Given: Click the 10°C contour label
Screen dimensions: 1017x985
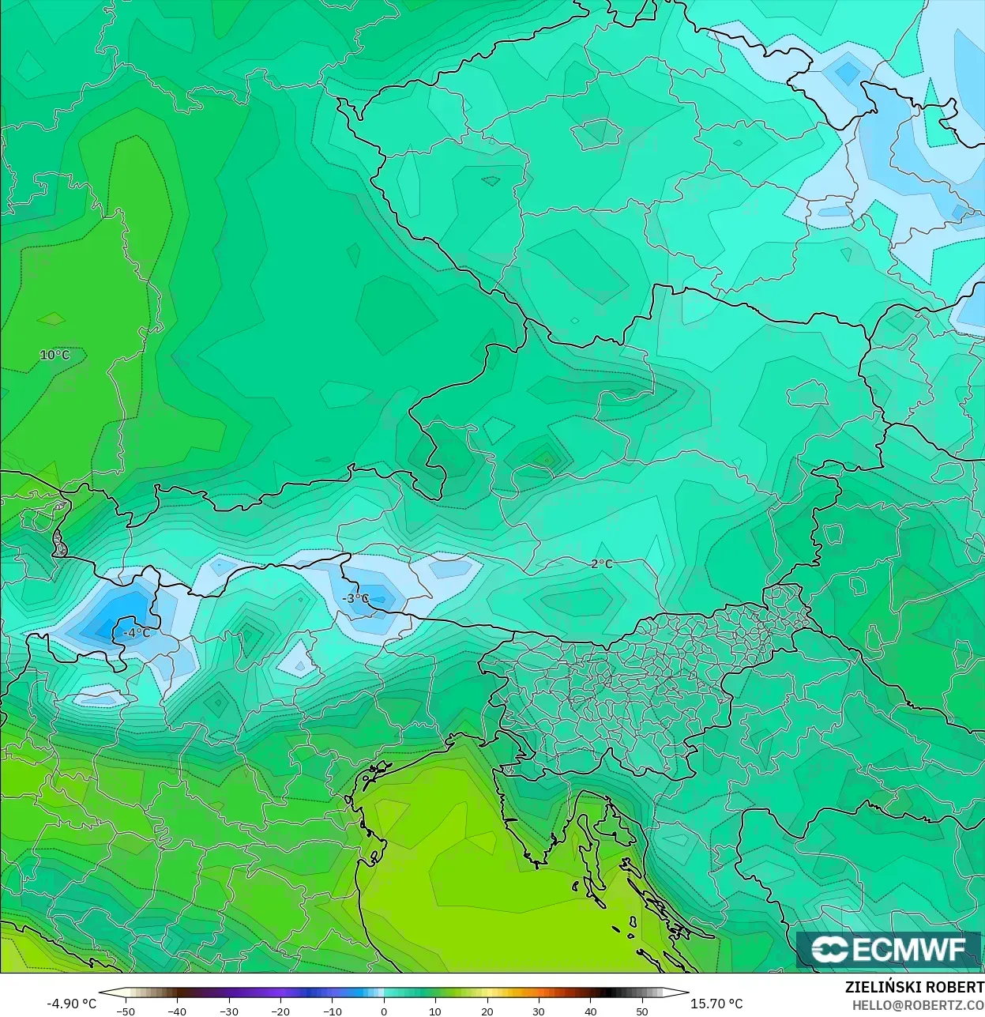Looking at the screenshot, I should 55,355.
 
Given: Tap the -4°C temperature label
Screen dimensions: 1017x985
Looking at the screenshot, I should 136,633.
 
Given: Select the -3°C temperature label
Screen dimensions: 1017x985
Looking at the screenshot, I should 356,598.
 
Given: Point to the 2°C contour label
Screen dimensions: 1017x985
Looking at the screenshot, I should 601,563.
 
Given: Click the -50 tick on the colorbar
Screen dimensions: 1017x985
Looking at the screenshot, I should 125,1011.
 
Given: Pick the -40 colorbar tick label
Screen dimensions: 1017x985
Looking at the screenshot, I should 177,1011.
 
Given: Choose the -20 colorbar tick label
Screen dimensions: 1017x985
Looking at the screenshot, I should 280,1011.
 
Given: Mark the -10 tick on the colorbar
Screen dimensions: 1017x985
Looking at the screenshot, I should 332,1011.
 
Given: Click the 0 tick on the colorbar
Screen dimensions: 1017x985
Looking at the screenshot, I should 384,1011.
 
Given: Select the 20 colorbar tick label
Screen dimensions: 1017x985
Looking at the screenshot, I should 487,1011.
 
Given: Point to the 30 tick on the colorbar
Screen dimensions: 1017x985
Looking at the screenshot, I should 539,1011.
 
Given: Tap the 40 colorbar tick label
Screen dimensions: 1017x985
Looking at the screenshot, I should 591,1011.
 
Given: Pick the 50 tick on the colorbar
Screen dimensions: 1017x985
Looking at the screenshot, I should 642,1011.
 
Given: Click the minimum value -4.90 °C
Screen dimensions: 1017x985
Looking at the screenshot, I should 71,1004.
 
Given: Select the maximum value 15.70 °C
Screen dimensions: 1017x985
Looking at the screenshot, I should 716,1004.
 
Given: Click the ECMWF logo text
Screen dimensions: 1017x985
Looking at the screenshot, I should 909,949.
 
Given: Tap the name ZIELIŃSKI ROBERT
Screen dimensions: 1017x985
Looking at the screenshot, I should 914,987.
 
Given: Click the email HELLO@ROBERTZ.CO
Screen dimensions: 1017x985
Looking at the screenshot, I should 917,1004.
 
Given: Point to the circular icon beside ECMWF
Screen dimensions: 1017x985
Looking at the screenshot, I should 829,949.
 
